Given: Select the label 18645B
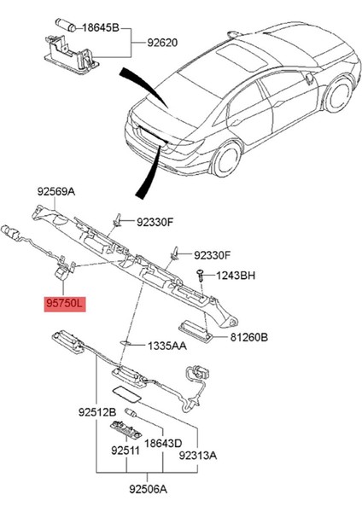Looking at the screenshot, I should (102, 27).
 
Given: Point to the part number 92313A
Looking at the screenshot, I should (198, 456).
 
